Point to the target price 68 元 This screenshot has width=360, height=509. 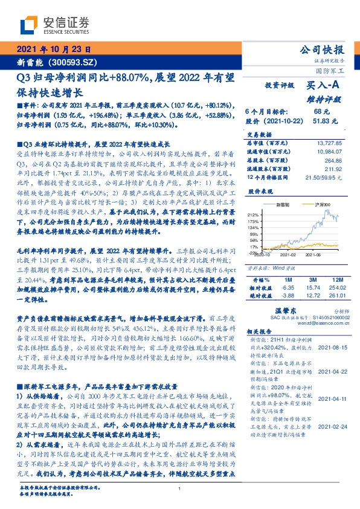[x=321, y=112]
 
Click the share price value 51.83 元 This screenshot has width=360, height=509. [x=321, y=121]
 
